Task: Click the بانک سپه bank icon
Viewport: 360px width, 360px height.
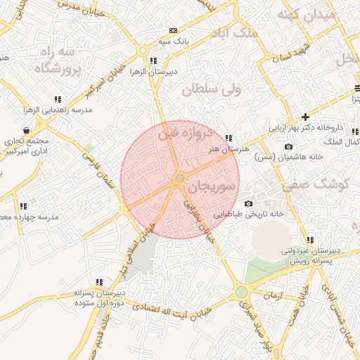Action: pos(173,31)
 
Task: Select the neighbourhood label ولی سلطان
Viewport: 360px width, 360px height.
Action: pos(210,89)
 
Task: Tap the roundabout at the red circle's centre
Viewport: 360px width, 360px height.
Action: pos(180,179)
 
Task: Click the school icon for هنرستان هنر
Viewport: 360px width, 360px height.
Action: pos(229,138)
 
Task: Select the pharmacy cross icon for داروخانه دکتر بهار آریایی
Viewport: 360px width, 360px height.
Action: pos(305,117)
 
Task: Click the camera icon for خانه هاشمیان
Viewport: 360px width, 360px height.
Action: pos(288,146)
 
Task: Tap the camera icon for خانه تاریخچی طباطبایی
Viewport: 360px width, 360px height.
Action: pos(248,203)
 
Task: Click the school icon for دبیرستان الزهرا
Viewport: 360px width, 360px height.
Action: pos(153,60)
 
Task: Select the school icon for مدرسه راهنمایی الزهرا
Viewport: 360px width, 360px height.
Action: pos(57,100)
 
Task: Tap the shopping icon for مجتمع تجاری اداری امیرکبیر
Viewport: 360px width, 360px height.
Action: pos(26,130)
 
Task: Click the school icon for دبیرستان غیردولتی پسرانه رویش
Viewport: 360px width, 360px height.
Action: pos(311,240)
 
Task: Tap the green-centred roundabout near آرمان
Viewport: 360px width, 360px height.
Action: pos(241,291)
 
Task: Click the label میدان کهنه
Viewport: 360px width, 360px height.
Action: pos(304,14)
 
